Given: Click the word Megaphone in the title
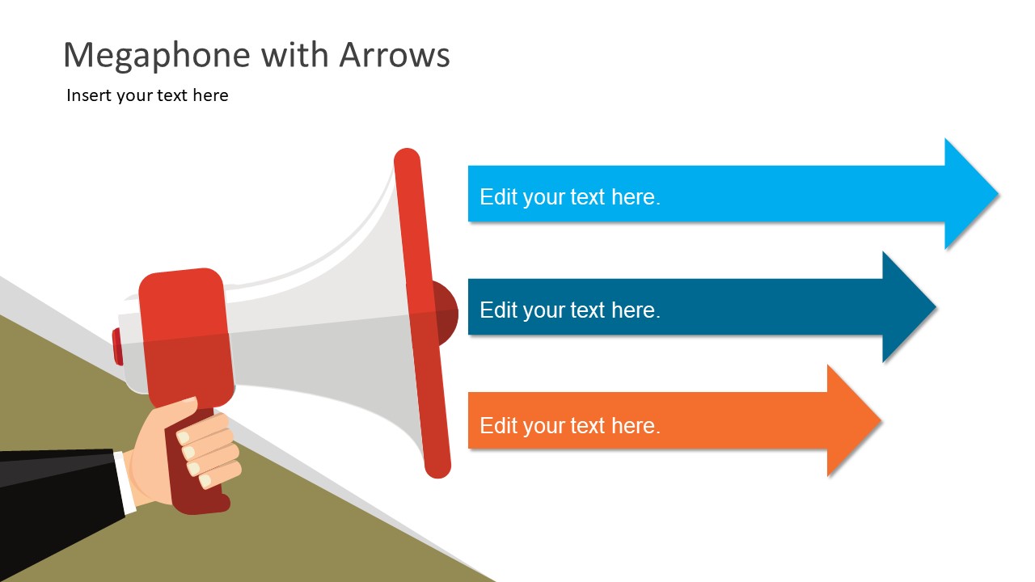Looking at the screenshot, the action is click(157, 56).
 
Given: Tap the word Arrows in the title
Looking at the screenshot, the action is click(394, 55).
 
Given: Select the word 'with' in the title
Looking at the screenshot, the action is click(294, 55).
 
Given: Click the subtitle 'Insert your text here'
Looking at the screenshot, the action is click(147, 95).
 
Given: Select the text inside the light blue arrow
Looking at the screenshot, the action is click(570, 197).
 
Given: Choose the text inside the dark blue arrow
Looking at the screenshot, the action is click(570, 310).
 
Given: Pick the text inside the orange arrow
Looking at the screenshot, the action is click(570, 426).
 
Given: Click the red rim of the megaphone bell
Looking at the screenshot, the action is click(422, 313).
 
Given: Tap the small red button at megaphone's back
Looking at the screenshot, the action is click(117, 347).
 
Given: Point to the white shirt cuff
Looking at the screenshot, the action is click(125, 482).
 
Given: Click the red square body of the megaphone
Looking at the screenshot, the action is click(186, 337).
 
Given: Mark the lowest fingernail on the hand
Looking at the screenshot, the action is click(205, 481).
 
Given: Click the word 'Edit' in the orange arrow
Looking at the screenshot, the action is click(499, 425).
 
